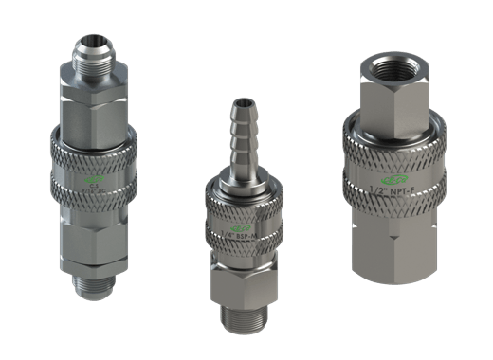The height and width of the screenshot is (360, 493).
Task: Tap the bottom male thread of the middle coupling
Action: [x=242, y=317]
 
